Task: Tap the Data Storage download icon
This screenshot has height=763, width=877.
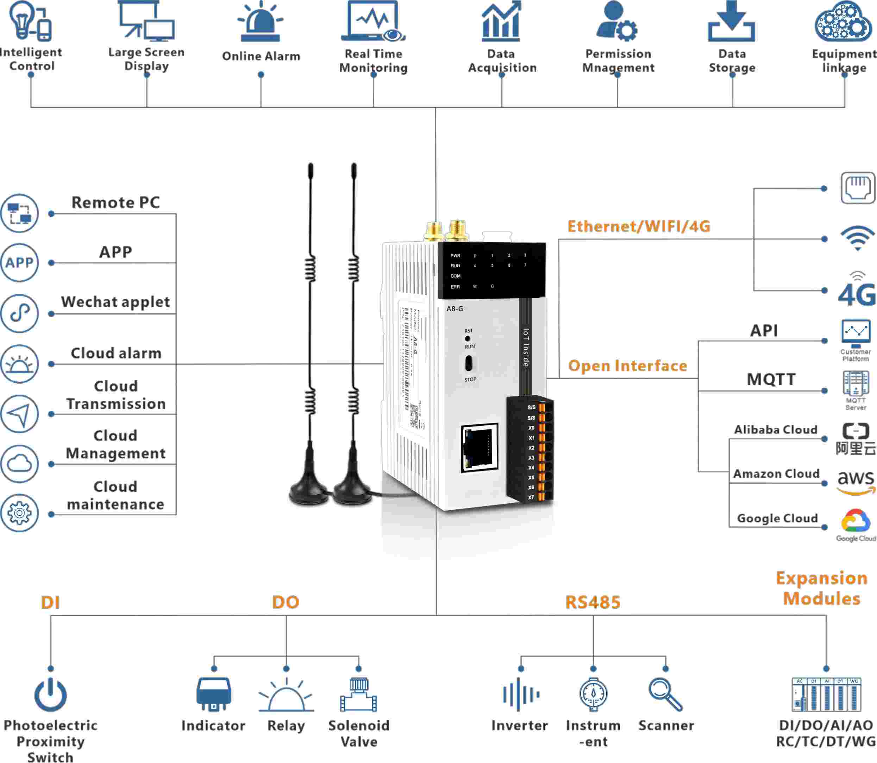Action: [x=731, y=22]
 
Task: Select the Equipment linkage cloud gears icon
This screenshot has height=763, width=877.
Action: [x=843, y=22]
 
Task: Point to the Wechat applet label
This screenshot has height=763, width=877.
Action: [x=115, y=302]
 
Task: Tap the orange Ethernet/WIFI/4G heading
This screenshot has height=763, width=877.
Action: [x=639, y=227]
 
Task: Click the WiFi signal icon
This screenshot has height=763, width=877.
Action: [x=857, y=239]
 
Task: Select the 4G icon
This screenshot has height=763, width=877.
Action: [x=857, y=290]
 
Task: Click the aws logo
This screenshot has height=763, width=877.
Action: [x=856, y=482]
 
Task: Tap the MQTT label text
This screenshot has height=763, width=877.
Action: [x=771, y=379]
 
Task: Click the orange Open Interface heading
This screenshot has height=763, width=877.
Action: [x=628, y=366]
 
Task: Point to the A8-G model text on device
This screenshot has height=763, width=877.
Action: [x=455, y=309]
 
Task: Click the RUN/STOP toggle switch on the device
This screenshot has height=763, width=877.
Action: [x=468, y=363]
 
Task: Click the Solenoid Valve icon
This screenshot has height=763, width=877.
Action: [x=359, y=695]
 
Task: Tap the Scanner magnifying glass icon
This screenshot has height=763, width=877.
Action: [x=665, y=694]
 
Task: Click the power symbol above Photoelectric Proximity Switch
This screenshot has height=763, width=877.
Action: [x=50, y=695]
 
